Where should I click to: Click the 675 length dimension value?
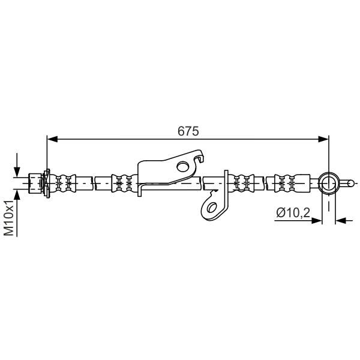pyautogui.click(x=188, y=131)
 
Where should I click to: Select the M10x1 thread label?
pyautogui.click(x=10, y=218)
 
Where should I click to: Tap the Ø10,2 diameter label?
pyautogui.click(x=293, y=212)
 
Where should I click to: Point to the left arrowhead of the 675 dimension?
pyautogui.click(x=52, y=139)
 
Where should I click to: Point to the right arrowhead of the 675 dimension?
pyautogui.click(x=323, y=139)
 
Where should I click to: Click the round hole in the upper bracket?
pyautogui.click(x=183, y=166)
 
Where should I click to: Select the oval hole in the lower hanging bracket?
pyautogui.click(x=212, y=208)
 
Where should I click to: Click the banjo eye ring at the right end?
pyautogui.click(x=329, y=184)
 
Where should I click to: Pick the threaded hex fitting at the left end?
pyautogui.click(x=35, y=184)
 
